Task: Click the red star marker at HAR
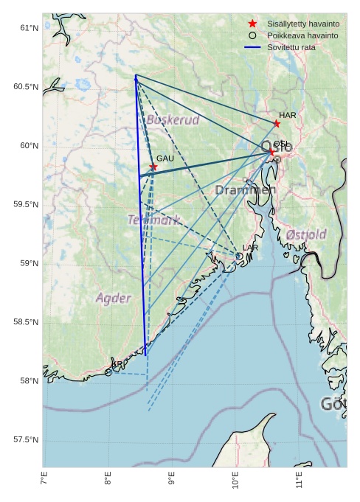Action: click(x=277, y=123)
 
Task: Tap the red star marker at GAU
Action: click(x=153, y=167)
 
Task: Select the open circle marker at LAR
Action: click(x=240, y=257)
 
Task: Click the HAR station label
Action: click(x=287, y=115)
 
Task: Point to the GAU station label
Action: click(x=165, y=158)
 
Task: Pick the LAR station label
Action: click(x=250, y=248)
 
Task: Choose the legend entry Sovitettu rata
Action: click(x=294, y=47)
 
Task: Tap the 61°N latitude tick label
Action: click(x=27, y=28)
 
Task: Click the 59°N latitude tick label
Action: click(x=27, y=263)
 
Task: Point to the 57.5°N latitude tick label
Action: click(x=25, y=440)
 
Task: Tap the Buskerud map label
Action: click(x=173, y=119)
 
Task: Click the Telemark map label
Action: click(x=153, y=220)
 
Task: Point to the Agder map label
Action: click(x=114, y=299)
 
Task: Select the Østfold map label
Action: click(x=305, y=234)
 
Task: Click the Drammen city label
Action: click(x=246, y=190)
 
